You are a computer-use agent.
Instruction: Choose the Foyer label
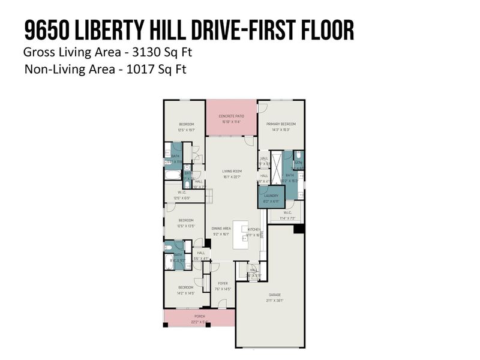222,283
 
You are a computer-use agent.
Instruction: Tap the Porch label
199,316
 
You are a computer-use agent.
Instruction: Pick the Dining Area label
221,229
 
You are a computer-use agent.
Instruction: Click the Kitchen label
254,230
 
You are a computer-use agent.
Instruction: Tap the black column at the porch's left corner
166,326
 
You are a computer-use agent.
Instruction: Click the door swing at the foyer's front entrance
223,302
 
